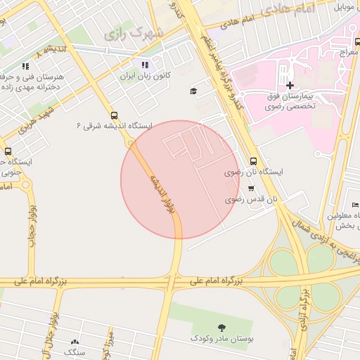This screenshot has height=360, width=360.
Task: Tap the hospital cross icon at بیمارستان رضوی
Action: tap(290, 85)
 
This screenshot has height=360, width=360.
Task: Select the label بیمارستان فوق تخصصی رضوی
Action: tap(290, 102)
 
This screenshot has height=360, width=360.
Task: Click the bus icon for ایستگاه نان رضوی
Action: tap(253, 160)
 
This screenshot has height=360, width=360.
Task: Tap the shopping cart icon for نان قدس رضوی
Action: tap(251, 188)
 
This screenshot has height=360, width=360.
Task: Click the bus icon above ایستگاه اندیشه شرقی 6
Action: tap(114, 115)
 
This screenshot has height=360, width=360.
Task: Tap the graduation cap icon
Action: tap(193, 91)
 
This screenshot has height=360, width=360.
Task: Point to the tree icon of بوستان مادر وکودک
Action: tap(222, 327)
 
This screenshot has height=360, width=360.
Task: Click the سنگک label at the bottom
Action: tap(75, 352)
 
